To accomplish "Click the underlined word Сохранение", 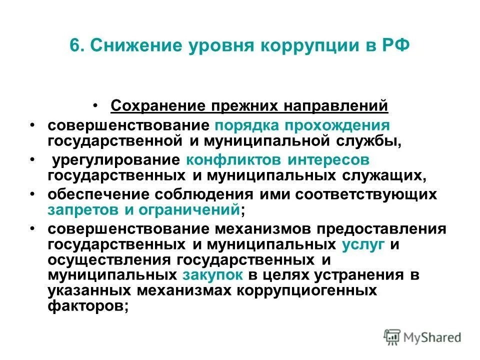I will [158, 106].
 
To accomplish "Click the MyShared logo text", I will [433, 337].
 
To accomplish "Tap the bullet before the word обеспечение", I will [32, 193].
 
